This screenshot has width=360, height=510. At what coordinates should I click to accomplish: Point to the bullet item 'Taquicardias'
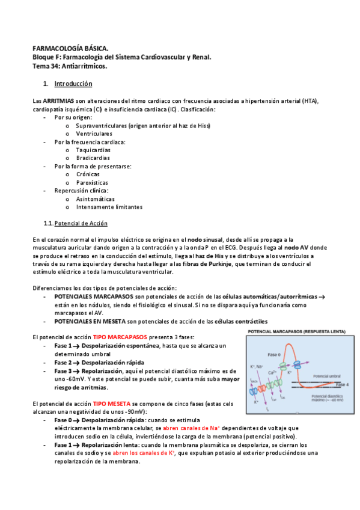click(x=93, y=150)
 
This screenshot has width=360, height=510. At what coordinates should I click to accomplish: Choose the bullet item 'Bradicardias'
click(x=93, y=158)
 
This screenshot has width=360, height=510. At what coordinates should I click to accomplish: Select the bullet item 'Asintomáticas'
click(x=95, y=198)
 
